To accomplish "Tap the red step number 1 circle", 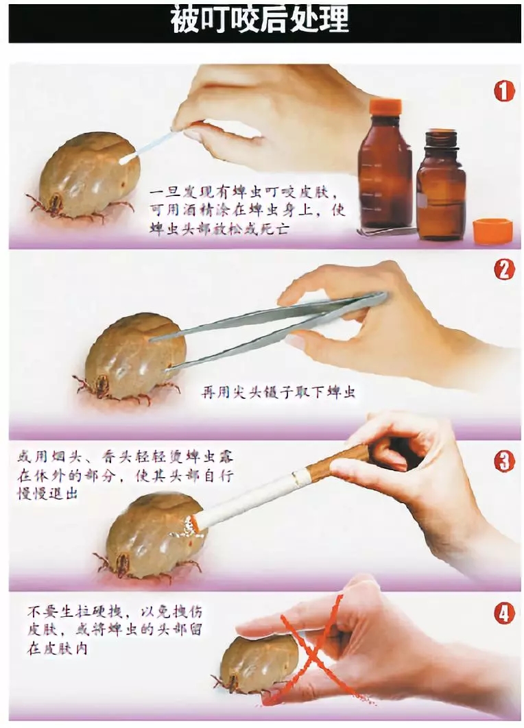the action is (x=504, y=91).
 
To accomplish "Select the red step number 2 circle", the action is (x=504, y=270).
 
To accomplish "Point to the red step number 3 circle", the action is (x=504, y=461).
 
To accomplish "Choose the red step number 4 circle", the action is (x=504, y=614).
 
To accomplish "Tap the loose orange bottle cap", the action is (x=492, y=231).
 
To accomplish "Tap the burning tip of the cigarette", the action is (x=193, y=524).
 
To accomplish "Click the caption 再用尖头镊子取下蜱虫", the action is (x=278, y=392).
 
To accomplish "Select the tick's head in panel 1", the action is (x=53, y=203).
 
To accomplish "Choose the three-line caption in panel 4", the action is (x=115, y=629).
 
